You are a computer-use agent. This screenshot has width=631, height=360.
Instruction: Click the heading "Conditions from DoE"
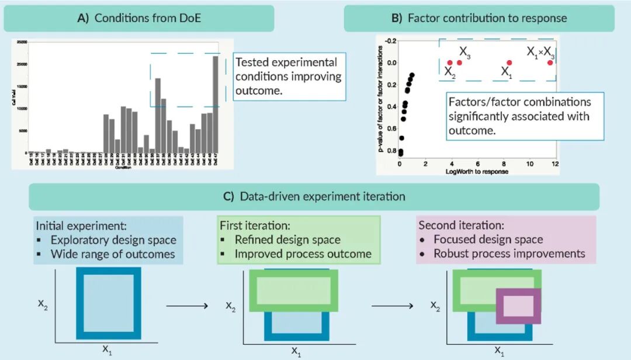click(x=147, y=18)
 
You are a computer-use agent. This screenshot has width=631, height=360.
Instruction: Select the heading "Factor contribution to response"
click(x=487, y=18)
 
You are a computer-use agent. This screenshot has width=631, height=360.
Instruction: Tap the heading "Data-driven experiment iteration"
click(x=323, y=196)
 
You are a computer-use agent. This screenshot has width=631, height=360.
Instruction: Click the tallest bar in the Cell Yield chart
click(x=216, y=105)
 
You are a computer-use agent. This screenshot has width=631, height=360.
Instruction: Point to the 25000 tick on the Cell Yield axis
click(x=22, y=42)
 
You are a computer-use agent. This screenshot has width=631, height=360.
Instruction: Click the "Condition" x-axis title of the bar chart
click(x=123, y=168)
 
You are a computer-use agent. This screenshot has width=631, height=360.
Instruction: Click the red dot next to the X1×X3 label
click(x=550, y=63)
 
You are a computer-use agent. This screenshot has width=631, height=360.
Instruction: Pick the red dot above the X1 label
click(x=509, y=63)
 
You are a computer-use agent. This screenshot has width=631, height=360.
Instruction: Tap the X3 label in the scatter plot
click(x=465, y=53)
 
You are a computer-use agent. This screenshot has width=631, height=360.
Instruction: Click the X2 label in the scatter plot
click(x=449, y=72)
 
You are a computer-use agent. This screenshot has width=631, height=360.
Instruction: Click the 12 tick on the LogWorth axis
click(x=555, y=165)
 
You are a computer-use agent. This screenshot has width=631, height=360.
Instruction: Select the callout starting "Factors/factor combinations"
click(x=521, y=116)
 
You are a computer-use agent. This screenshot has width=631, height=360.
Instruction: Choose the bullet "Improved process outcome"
click(x=303, y=254)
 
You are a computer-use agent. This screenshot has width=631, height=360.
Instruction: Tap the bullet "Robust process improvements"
click(x=509, y=254)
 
